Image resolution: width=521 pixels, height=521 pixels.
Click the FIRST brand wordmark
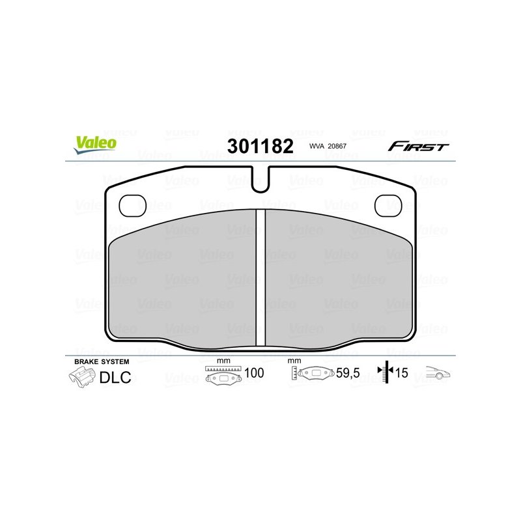(418, 146)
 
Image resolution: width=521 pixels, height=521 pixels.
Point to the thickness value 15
(401, 374)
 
